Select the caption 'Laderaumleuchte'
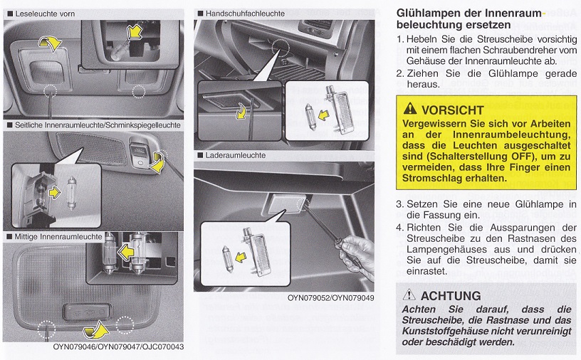tap(236, 155)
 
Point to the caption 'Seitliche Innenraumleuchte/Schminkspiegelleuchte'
tap(97, 125)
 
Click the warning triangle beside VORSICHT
tap(409, 110)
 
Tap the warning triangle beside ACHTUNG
tap(409, 295)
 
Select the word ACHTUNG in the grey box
tap(451, 295)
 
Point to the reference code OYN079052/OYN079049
tap(331, 298)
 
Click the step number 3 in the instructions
tap(399, 204)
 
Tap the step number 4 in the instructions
tap(399, 228)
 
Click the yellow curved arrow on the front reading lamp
tap(50, 43)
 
